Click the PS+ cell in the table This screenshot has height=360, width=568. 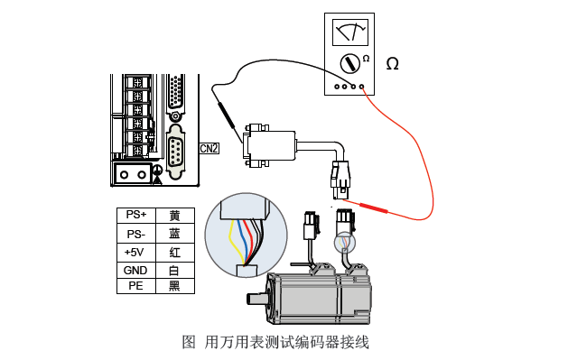(x=136, y=216)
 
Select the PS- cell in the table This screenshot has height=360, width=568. (x=136, y=233)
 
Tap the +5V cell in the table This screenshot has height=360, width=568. (x=136, y=252)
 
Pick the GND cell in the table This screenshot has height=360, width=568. (x=136, y=270)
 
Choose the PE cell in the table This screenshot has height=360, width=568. (x=136, y=286)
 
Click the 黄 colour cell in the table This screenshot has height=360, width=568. (x=174, y=216)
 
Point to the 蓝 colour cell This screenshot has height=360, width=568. (x=174, y=233)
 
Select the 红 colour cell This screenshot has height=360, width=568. (x=174, y=252)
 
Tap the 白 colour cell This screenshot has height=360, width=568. (x=174, y=270)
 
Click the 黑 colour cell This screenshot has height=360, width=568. (x=174, y=286)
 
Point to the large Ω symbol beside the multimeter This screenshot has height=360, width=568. (x=392, y=64)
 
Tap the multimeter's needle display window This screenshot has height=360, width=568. (x=349, y=32)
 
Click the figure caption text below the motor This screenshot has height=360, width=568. (x=275, y=342)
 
